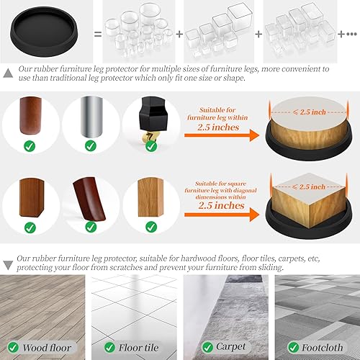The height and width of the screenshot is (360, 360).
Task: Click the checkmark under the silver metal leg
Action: (x=90, y=146)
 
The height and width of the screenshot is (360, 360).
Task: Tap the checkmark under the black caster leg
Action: (x=149, y=146)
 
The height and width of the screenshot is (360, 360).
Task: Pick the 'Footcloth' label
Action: (x=318, y=347)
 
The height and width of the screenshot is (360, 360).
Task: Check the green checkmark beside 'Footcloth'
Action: (x=283, y=347)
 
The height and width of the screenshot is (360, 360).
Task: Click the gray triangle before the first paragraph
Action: (x=7, y=72)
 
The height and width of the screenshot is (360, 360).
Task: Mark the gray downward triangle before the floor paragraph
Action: (x=7, y=256)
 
